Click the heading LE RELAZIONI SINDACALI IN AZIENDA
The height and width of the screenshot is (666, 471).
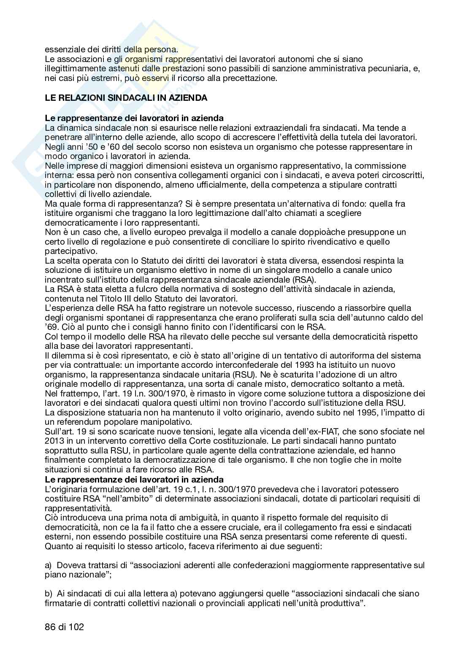pyautogui.click(x=126, y=98)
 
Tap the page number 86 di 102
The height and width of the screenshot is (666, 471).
pyautogui.click(x=64, y=627)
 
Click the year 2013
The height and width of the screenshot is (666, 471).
pyautogui.click(x=54, y=441)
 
